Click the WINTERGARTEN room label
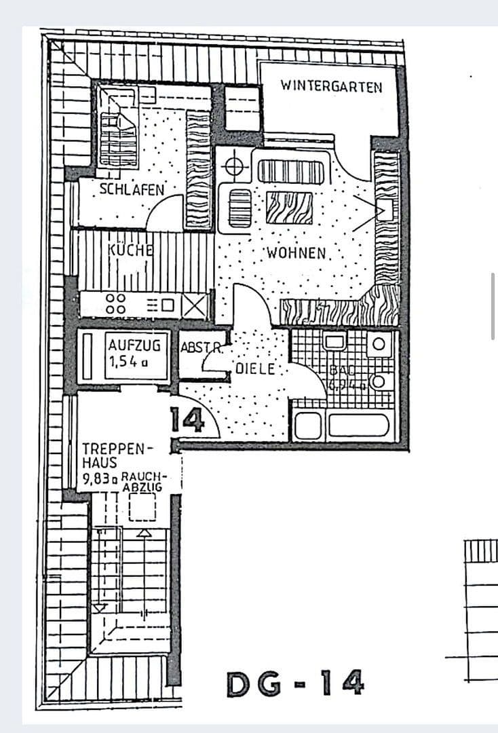331,87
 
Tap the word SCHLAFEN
132,189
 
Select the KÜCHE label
130,249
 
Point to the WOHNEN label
296,253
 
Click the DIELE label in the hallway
255,369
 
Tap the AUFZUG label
134,345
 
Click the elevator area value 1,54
123,360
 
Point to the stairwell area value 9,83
98,478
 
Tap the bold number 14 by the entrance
187,421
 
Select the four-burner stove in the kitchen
115,303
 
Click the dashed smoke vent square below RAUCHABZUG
142,507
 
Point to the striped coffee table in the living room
289,208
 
